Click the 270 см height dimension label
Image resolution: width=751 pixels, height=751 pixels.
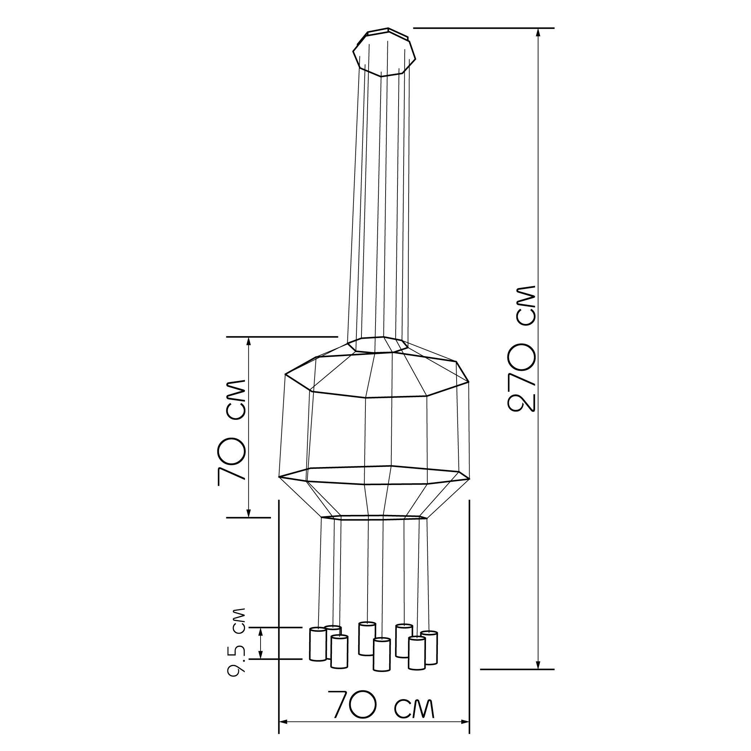click(x=522, y=349)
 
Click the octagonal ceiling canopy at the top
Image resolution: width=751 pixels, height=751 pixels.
click(x=385, y=53)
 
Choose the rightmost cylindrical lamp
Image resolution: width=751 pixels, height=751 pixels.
click(x=429, y=653)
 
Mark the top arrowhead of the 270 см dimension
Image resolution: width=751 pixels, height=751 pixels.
click(x=538, y=34)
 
